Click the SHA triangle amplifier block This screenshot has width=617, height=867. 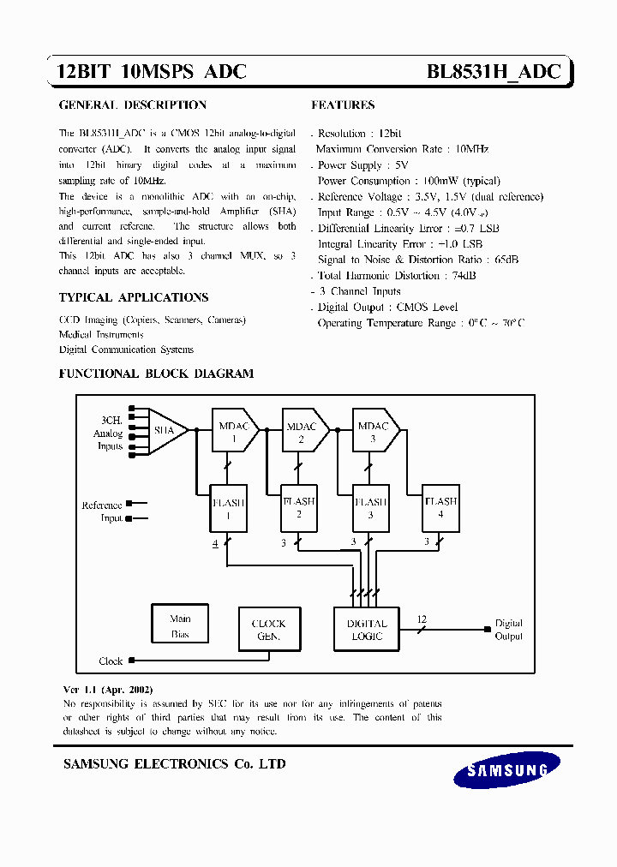pos(165,431)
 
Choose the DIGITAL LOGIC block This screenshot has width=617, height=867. pos(367,630)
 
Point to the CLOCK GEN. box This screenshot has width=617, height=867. pos(268,630)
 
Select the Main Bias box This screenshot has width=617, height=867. pos(180,625)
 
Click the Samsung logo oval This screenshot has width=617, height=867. pos(507,769)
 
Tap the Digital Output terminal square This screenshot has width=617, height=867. pos(488,630)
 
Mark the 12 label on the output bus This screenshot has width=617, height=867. pos(421,619)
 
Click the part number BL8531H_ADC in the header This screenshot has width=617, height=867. pos(494,72)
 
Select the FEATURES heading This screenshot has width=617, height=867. pos(343,105)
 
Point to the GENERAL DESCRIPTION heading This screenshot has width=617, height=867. pos(133,105)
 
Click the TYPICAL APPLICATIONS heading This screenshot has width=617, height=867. pos(133,297)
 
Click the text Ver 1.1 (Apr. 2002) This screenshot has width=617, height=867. pos(108,690)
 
